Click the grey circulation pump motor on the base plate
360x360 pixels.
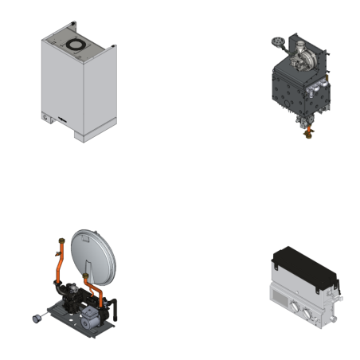coord(88,315)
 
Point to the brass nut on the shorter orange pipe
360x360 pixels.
coord(84,276)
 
